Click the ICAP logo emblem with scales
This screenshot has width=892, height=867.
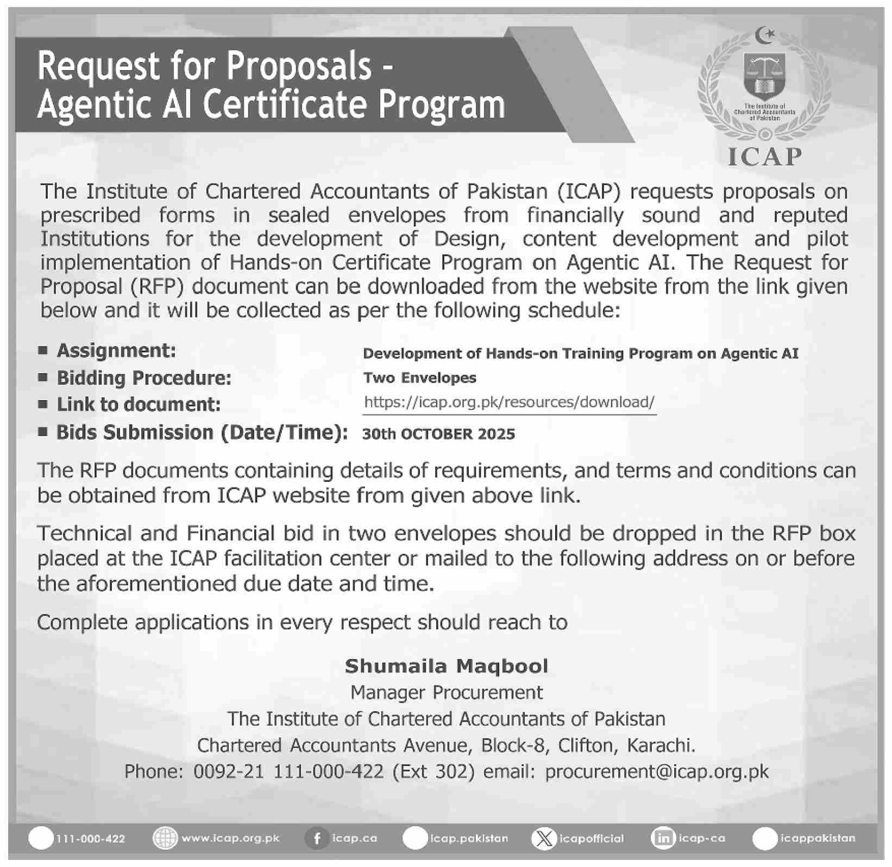click(x=764, y=81)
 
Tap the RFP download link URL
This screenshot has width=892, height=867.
click(x=509, y=402)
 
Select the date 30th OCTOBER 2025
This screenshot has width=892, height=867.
click(x=438, y=434)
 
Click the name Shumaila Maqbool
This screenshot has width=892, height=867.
click(x=447, y=666)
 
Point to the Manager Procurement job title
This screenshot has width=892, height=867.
click(x=447, y=692)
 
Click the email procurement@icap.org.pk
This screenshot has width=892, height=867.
click(x=657, y=771)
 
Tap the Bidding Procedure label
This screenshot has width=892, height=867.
click(x=144, y=378)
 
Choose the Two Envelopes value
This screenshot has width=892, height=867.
click(x=419, y=378)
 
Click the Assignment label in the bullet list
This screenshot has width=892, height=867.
click(x=116, y=351)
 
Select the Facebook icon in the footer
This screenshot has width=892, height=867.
click(x=316, y=839)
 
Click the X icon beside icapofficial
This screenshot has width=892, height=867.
click(x=543, y=839)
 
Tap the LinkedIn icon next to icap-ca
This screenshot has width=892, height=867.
click(x=663, y=839)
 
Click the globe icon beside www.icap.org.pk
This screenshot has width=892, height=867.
click(x=165, y=839)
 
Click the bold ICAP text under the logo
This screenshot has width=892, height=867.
click(x=764, y=157)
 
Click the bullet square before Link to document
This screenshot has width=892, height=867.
click(x=43, y=404)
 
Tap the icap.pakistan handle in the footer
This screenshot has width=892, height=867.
click(x=469, y=839)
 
